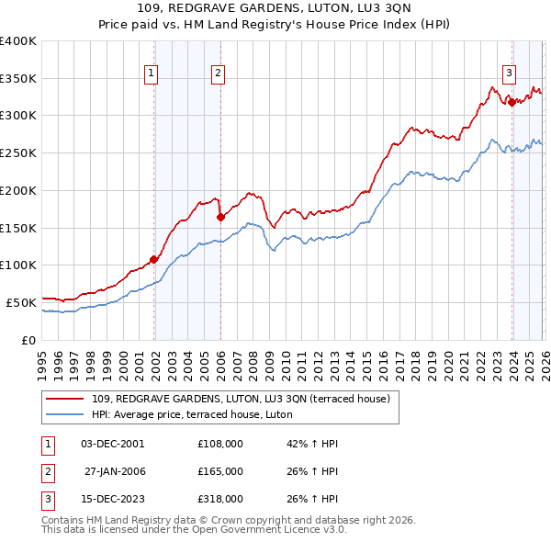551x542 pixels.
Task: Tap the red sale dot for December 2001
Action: click(x=153, y=259)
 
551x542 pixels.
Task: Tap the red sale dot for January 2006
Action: click(x=220, y=217)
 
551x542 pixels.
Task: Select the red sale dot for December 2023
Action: click(x=511, y=102)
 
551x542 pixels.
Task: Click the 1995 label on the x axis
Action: click(x=41, y=357)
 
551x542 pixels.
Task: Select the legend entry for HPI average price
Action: click(x=192, y=414)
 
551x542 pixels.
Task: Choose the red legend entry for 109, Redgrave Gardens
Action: click(x=242, y=399)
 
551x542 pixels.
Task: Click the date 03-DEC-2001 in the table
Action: click(x=112, y=443)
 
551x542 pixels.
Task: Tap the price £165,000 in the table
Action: click(x=220, y=471)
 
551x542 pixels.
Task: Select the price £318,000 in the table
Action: click(x=220, y=500)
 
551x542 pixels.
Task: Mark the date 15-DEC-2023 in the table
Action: click(x=112, y=500)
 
